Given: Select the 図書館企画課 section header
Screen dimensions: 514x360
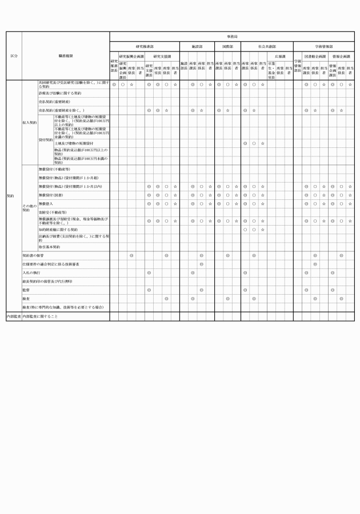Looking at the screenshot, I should [315, 57].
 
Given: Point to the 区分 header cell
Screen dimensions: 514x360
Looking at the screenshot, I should [14, 56].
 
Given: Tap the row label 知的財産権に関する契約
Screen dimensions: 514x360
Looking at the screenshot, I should [58, 230].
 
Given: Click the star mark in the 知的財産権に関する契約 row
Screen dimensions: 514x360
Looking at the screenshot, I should [262, 230].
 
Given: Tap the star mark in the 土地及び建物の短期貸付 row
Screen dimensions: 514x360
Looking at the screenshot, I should [262, 143].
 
